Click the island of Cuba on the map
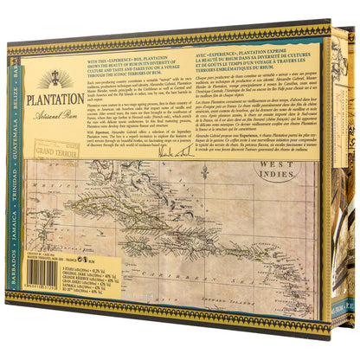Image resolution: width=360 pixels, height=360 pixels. click(164, 196)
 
